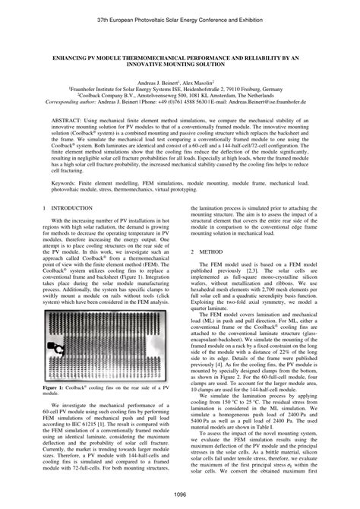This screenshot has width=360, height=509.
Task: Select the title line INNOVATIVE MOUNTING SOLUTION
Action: [179, 65]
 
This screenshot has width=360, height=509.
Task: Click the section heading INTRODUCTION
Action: [76, 207]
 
